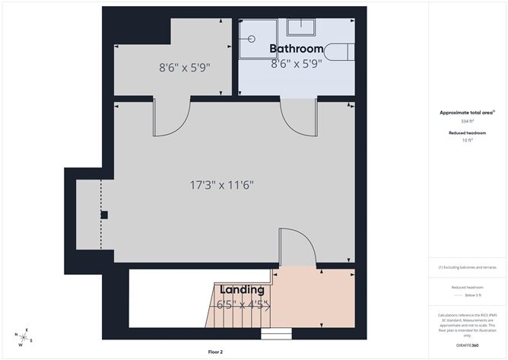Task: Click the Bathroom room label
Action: [x=297, y=49]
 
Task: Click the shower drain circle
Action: [x=249, y=37]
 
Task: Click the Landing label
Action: [x=242, y=289]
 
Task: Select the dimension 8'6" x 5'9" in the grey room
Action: [x=184, y=67]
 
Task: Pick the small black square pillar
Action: [x=104, y=215]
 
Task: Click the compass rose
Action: [x=24, y=336]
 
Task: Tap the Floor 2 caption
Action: [x=215, y=352]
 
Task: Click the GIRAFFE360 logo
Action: [x=466, y=346]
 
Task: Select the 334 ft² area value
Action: [x=467, y=121]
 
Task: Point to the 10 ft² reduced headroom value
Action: [x=467, y=140]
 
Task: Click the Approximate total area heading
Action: [x=467, y=112]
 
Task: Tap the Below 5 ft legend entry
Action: [x=467, y=294]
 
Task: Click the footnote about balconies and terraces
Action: [x=467, y=268]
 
